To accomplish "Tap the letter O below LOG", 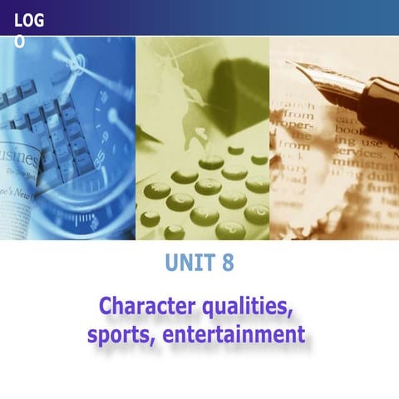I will (x=20, y=41).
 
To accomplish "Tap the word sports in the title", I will (x=116, y=336).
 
